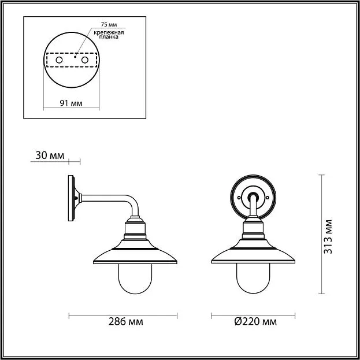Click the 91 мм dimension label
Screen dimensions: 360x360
(x=71, y=103)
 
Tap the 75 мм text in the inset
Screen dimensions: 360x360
(x=109, y=25)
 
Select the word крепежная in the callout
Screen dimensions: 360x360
(x=109, y=32)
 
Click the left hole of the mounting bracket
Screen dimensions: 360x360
(x=59, y=60)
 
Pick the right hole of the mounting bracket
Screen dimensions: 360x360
(x=85, y=60)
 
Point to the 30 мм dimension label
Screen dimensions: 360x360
(x=50, y=155)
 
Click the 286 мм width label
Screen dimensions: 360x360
(x=125, y=322)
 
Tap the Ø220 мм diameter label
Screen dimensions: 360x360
(x=255, y=322)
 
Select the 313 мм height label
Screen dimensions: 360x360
(x=328, y=237)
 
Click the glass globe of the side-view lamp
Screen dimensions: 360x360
(x=135, y=279)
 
